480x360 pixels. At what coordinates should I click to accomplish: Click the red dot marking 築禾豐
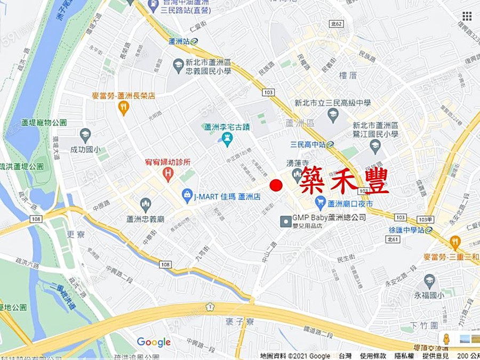276,186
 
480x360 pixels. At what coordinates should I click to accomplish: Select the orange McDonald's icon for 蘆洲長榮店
124,108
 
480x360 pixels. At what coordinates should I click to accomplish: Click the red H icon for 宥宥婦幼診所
169,173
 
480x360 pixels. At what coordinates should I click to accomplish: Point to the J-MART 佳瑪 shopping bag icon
187,196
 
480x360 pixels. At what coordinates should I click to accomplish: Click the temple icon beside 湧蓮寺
297,174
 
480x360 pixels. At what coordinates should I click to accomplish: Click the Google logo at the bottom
154,342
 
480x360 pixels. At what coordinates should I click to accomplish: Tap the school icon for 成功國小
85,135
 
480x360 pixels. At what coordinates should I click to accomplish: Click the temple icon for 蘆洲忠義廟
145,204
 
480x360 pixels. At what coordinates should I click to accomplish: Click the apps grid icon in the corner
467,16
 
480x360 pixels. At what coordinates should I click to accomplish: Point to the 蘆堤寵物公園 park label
44,122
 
